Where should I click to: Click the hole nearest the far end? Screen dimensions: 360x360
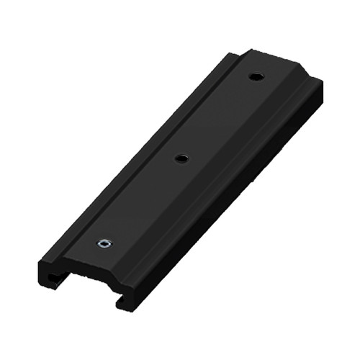click(x=255, y=76)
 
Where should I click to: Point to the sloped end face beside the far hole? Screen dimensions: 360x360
click(x=288, y=68)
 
